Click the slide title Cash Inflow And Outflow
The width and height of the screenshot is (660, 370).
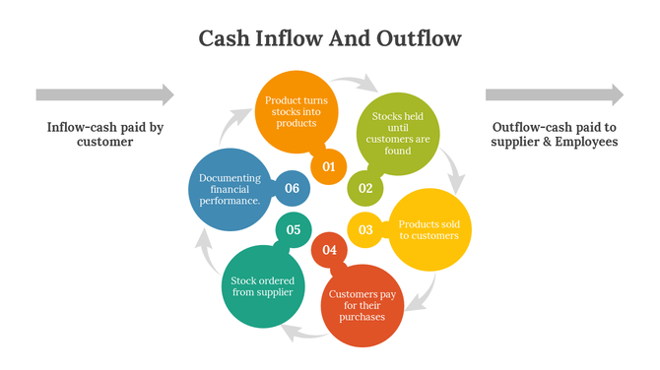pyautogui.click(x=330, y=38)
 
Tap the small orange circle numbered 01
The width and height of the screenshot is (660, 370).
pyautogui.click(x=328, y=166)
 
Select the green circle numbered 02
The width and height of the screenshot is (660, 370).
pyautogui.click(x=364, y=187)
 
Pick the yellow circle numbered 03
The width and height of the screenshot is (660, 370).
pyautogui.click(x=365, y=229)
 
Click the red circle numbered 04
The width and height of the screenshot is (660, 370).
pyautogui.click(x=329, y=250)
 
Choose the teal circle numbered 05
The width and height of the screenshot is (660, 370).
pyautogui.click(x=293, y=229)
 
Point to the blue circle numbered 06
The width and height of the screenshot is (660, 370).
pyautogui.click(x=292, y=188)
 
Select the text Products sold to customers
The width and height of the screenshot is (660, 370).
pyautogui.click(x=428, y=229)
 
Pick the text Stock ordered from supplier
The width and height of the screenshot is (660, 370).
pyautogui.click(x=262, y=286)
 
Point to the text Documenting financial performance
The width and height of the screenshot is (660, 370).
pyautogui.click(x=230, y=189)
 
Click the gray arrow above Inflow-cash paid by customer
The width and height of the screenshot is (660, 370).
pyautogui.click(x=104, y=94)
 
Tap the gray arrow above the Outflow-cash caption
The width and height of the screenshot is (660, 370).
pyautogui.click(x=554, y=94)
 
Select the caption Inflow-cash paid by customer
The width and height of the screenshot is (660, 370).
pyautogui.click(x=104, y=134)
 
